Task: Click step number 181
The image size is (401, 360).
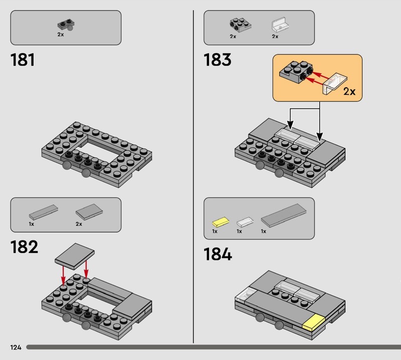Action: tap(23, 60)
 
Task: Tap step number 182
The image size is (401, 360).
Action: tap(24, 247)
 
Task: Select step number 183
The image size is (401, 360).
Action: tap(218, 60)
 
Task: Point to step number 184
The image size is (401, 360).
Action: tap(218, 254)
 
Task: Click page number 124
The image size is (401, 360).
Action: tap(16, 347)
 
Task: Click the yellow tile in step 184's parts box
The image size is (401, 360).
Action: tap(221, 222)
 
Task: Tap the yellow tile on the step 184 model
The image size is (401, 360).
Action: tap(314, 322)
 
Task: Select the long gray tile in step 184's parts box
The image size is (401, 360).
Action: tap(283, 215)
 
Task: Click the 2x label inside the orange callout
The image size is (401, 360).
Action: tap(349, 91)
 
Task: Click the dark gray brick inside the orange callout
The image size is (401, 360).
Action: tap(296, 72)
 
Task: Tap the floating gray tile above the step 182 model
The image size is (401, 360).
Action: tap(75, 256)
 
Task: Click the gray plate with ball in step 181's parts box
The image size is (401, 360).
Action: tap(66, 25)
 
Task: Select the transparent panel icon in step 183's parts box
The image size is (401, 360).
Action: tap(280, 25)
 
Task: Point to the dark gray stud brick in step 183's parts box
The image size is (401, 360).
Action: tap(241, 25)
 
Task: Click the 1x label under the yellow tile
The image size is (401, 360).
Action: tap(215, 231)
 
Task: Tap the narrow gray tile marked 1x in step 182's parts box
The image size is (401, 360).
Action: tap(44, 212)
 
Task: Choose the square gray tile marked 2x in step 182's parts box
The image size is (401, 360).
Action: tap(89, 212)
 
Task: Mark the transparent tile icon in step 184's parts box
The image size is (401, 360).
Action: tap(245, 222)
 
